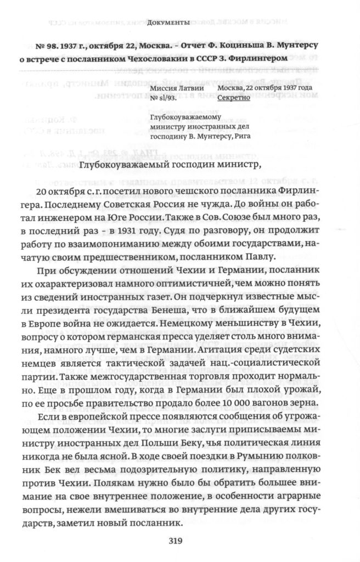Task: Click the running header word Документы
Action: click(168, 23)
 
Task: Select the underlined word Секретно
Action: click(234, 98)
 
